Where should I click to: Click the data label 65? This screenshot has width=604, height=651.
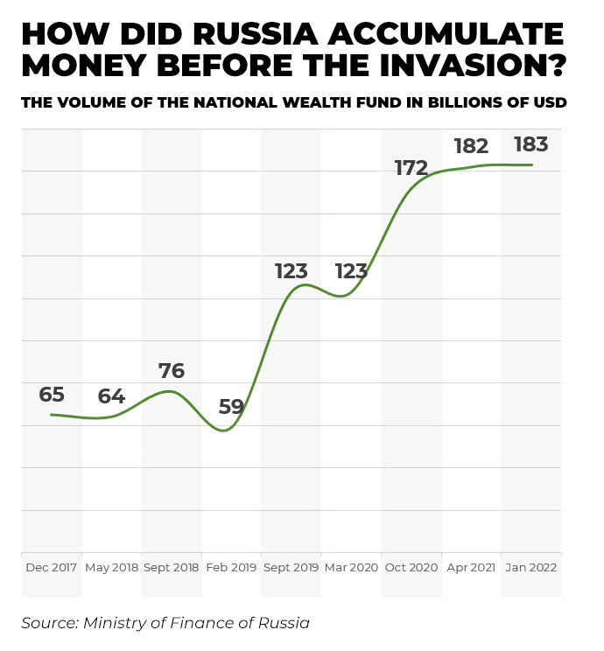[x=52, y=395]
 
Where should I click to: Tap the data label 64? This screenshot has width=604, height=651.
[x=111, y=396]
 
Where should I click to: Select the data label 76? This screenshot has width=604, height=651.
[x=172, y=371]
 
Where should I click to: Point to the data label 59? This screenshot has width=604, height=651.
[x=231, y=407]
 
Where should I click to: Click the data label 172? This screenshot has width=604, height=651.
[x=411, y=168]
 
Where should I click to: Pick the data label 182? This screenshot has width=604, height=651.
[x=471, y=146]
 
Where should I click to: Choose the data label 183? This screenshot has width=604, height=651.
[x=531, y=143]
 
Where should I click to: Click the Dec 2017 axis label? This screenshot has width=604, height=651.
[x=52, y=567]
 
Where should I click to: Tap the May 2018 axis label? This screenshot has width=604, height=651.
[x=112, y=567]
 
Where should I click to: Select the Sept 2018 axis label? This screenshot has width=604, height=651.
[x=172, y=567]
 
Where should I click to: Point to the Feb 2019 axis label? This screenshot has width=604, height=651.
[x=231, y=567]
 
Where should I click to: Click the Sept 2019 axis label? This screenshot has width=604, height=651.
[x=291, y=567]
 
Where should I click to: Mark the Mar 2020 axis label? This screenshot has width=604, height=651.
[x=351, y=567]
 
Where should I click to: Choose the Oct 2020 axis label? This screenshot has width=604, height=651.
[x=411, y=567]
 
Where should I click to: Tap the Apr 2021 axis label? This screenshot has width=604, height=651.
[x=471, y=567]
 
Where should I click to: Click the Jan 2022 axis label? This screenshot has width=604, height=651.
[x=531, y=567]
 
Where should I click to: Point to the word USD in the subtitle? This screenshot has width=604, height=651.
[x=548, y=103]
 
